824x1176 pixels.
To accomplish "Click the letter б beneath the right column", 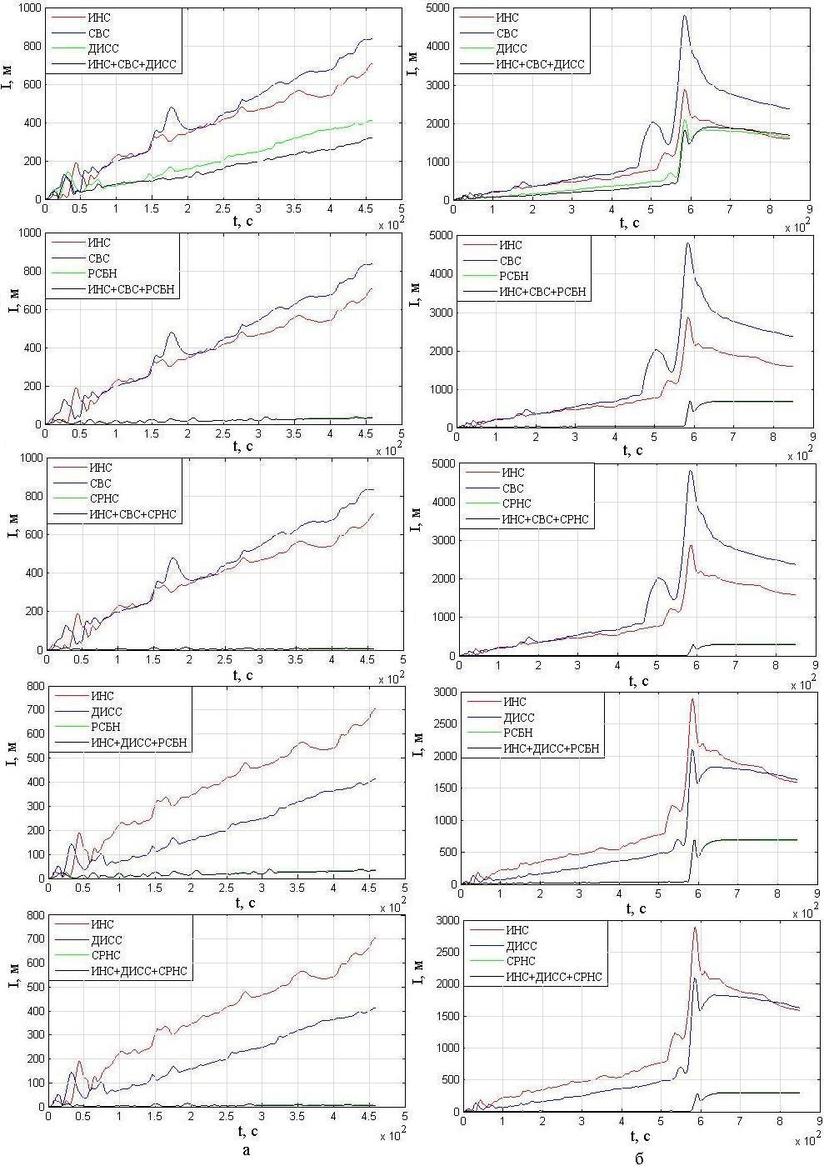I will point(638,1158).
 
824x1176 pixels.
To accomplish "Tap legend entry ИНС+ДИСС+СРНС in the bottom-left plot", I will point(138,971).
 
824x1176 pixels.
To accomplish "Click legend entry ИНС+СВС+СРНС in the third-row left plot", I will point(133,513).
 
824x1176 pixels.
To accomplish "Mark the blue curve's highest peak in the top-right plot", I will point(685,16).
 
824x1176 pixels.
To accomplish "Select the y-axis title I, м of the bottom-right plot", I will point(420,1015).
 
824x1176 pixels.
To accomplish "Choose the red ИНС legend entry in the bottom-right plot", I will point(517,930).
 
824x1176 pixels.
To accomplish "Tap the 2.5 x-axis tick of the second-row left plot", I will point(223,434).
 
